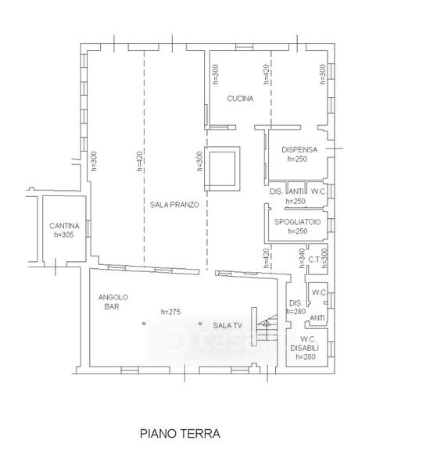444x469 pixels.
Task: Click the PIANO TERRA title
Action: [x=180, y=433]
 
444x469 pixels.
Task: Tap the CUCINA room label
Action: [x=240, y=98]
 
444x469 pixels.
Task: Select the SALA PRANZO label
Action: [x=174, y=205]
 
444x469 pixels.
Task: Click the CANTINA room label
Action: [x=64, y=226]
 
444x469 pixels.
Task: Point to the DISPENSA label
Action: [x=299, y=149]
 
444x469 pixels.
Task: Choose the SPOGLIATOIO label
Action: [x=297, y=222]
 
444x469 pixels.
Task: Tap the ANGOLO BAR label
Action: [x=113, y=302]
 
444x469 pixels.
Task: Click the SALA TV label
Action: [x=227, y=325]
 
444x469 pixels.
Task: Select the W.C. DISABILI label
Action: [x=305, y=344]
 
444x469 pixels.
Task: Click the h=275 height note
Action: [x=171, y=312]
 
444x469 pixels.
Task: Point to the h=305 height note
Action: [x=64, y=234]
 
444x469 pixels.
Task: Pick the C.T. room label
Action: [x=315, y=260]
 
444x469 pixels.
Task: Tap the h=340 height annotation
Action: [x=303, y=258]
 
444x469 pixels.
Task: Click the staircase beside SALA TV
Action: [x=267, y=328]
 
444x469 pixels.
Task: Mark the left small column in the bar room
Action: [x=144, y=324]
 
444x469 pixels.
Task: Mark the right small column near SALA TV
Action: [x=200, y=324]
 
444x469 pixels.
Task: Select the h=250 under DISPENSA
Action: [x=297, y=159]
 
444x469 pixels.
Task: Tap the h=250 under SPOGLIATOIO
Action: [x=298, y=231]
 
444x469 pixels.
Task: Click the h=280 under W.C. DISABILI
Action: [x=306, y=357]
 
